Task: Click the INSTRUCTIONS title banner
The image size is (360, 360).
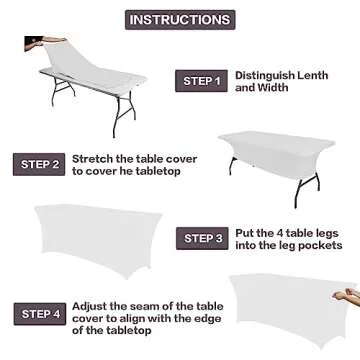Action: pos(179,19)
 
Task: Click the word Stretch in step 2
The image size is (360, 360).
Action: pos(94,159)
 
